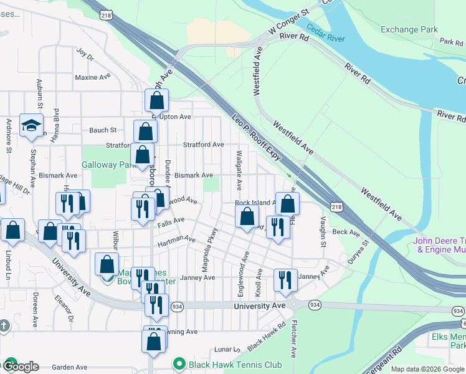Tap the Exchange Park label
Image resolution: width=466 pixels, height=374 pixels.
coord(409,29)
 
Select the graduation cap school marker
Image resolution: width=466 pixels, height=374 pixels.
coord(31,127)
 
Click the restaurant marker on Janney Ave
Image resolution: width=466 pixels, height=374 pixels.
coord(285,282)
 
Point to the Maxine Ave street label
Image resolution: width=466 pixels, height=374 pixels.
coord(92,78)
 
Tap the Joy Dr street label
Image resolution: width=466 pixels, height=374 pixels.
coord(85,55)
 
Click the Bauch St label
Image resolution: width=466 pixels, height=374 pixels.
coord(103,130)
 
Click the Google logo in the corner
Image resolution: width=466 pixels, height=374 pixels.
coord(20,367)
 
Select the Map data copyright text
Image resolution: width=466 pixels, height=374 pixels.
coord(427,369)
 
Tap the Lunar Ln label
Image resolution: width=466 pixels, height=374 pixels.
coord(223,350)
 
